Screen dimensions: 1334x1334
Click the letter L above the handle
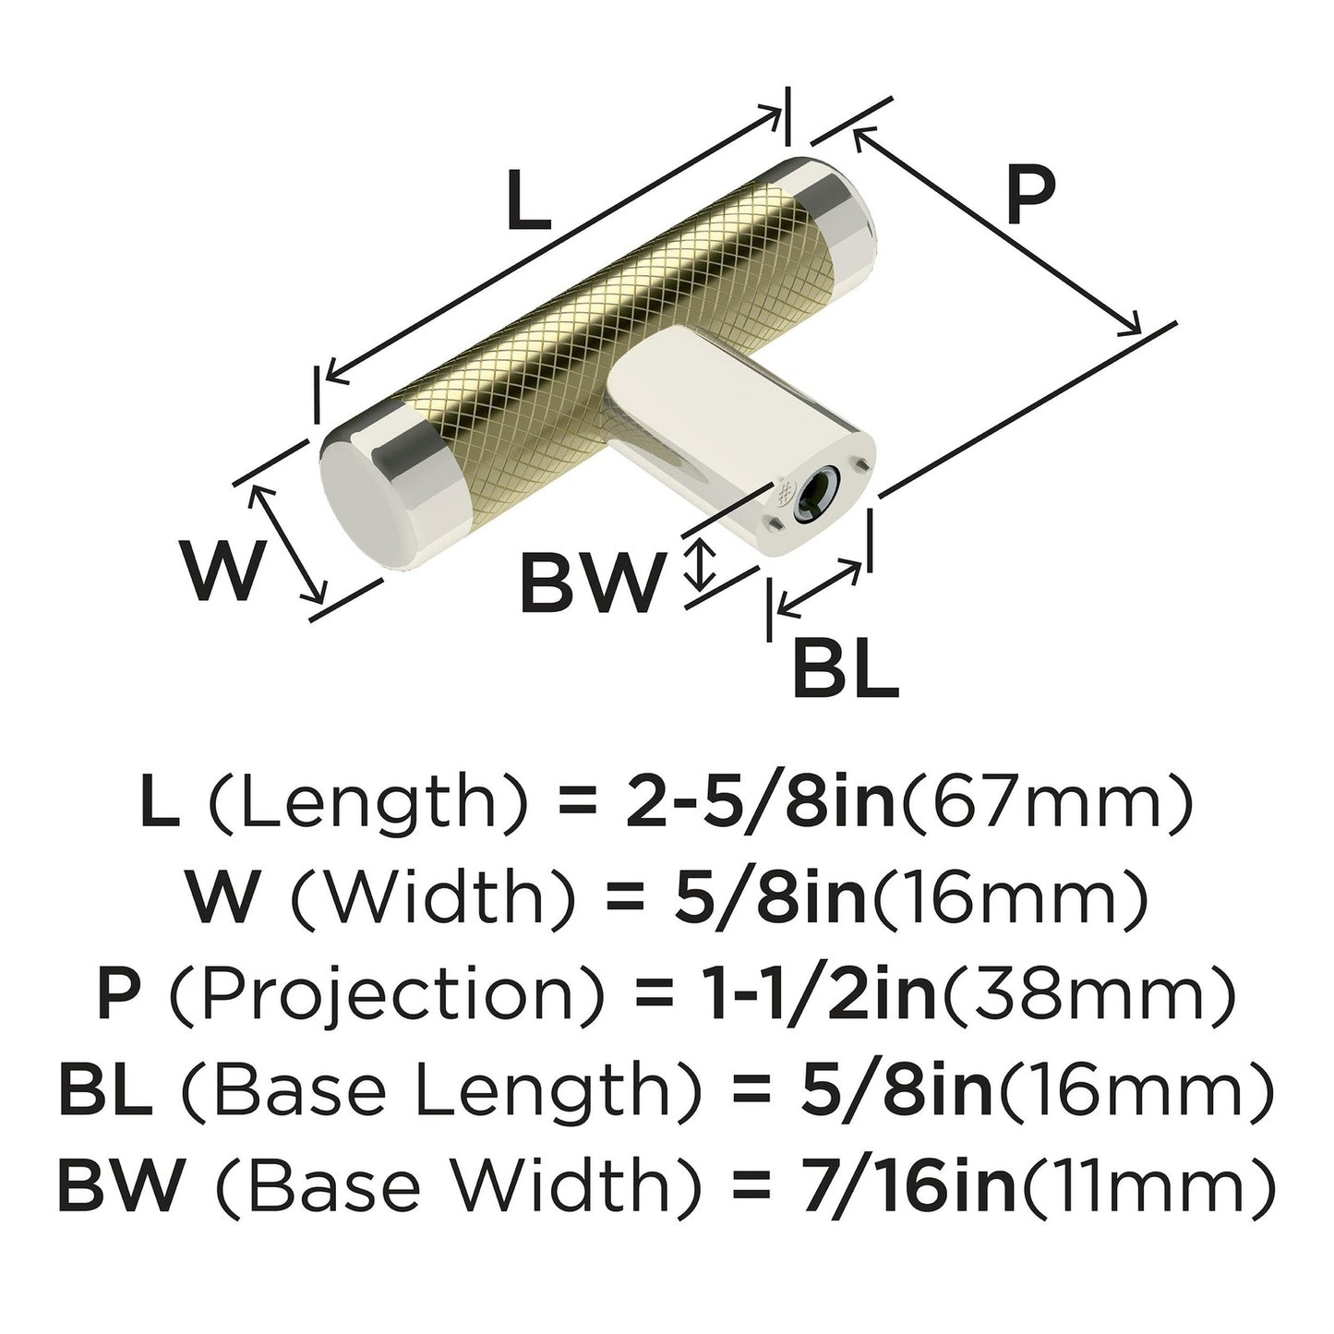coord(529,200)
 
